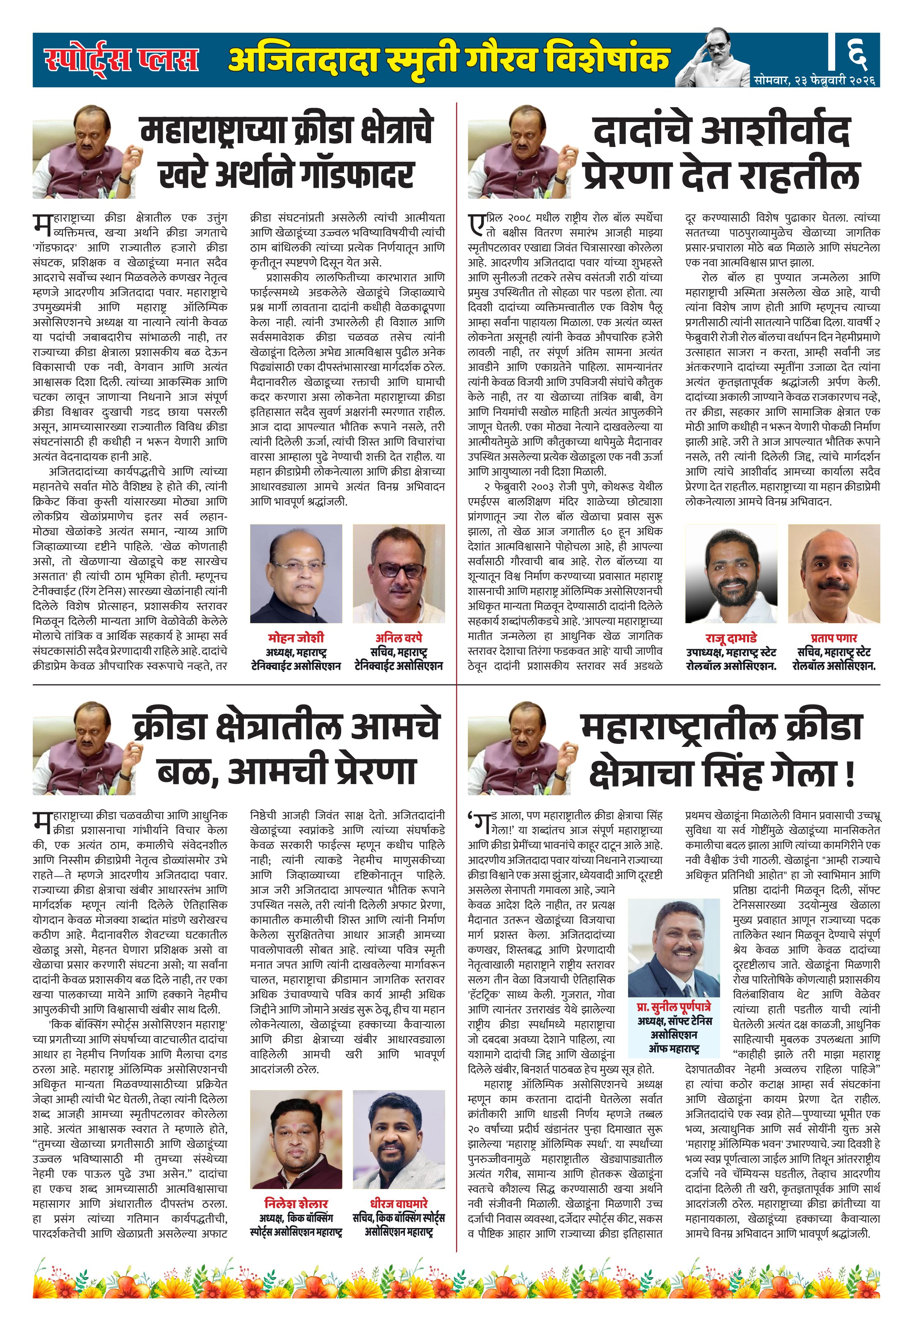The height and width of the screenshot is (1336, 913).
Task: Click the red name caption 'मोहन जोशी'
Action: (296, 638)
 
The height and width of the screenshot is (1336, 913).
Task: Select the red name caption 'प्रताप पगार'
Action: (834, 638)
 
